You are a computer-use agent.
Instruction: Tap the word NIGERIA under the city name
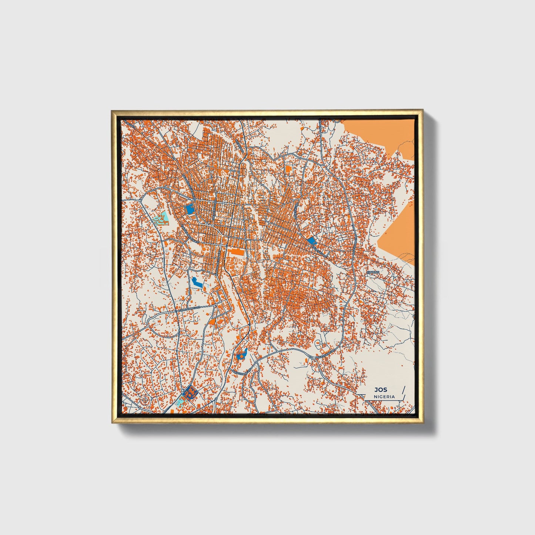384,397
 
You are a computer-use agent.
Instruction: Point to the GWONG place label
373,272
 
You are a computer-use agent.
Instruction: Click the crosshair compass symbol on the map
146,400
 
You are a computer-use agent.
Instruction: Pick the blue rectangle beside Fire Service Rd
190,210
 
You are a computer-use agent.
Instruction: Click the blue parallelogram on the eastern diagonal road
312,241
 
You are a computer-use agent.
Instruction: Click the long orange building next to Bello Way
235,252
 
